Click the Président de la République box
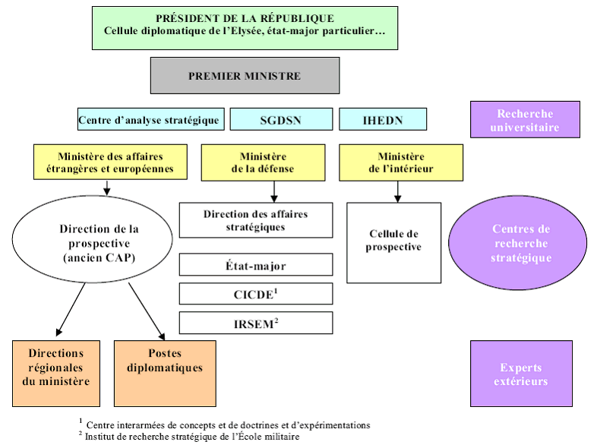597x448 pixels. pyautogui.click(x=244, y=28)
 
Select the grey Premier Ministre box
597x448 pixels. pyautogui.click(x=244, y=76)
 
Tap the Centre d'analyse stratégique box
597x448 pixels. pyautogui.click(x=150, y=119)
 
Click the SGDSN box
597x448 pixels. pyautogui.click(x=281, y=119)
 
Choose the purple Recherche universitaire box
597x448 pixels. pyautogui.click(x=524, y=121)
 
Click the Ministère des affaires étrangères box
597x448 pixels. pyautogui.click(x=109, y=162)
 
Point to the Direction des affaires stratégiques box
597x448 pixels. pyautogui.click(x=256, y=220)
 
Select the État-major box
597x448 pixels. pyautogui.click(x=256, y=265)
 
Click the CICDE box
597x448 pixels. pyautogui.click(x=256, y=294)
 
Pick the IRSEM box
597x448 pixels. pyautogui.click(x=256, y=323)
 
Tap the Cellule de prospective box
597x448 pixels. pyautogui.click(x=393, y=242)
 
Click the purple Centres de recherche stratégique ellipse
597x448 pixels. pyautogui.click(x=521, y=243)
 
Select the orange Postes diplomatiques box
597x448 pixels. pyautogui.click(x=164, y=373)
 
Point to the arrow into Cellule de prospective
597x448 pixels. pyautogui.click(x=397, y=193)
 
